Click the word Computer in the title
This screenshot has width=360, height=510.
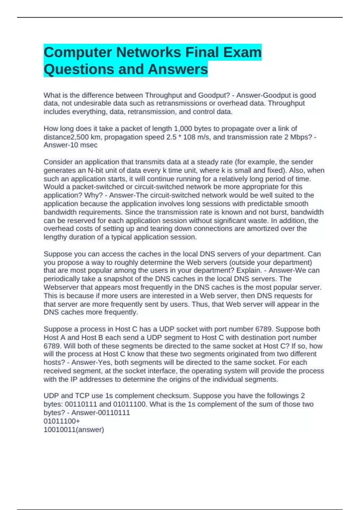tap(78, 52)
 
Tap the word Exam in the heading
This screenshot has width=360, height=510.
tap(243, 52)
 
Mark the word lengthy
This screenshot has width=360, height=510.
tap(55, 237)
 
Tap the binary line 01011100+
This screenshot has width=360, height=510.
tap(62, 421)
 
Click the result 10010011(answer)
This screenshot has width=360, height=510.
tap(74, 430)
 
